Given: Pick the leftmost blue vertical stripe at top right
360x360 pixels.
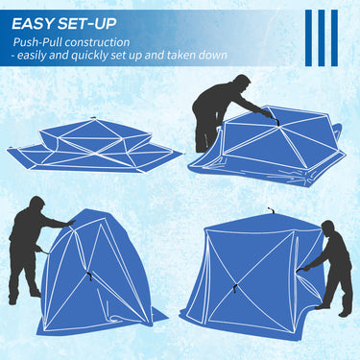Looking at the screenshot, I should coord(309,38).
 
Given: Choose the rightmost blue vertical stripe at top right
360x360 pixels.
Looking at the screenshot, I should coord(334,38).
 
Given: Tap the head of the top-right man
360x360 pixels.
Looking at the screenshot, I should coord(242,84).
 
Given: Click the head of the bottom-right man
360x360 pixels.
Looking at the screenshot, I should coord(327,228).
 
